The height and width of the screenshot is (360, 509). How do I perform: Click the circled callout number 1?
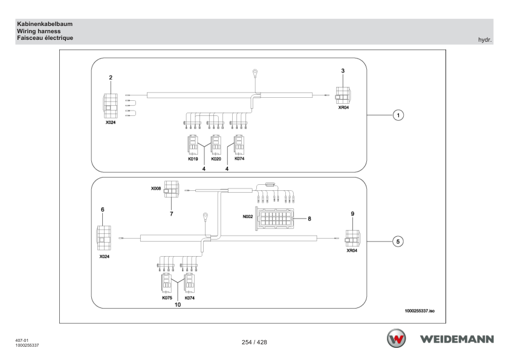point(398,115)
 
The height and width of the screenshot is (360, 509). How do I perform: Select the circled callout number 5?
point(398,242)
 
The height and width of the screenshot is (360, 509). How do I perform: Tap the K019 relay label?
point(193,159)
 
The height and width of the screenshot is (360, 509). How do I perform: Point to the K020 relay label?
point(216,159)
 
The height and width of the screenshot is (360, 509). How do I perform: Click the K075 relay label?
point(167,298)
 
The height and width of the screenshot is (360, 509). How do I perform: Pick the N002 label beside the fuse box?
point(248,216)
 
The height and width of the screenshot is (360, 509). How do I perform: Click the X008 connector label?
point(156,188)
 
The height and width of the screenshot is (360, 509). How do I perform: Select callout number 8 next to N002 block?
point(310,219)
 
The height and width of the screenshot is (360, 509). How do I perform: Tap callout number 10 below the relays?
point(178,305)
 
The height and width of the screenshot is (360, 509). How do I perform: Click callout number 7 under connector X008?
point(172,214)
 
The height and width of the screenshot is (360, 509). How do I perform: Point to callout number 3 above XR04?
point(343,71)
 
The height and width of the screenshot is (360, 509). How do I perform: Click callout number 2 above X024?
point(111,77)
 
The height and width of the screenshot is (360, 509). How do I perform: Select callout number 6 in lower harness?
point(103,210)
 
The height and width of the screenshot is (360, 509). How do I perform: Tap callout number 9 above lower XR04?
point(352,214)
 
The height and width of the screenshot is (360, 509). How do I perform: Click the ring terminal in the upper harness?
point(255,72)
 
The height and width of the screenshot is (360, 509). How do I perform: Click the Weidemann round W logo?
point(396,339)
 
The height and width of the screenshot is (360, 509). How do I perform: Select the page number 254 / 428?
point(254,342)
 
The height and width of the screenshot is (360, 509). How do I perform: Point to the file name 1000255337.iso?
point(420,311)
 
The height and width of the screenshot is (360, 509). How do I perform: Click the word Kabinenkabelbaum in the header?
point(45,24)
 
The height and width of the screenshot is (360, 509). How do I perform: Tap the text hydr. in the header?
point(485,40)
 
